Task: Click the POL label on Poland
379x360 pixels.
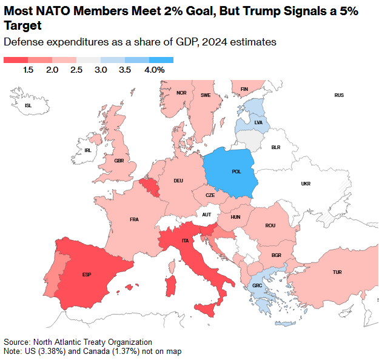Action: pyautogui.click(x=236, y=172)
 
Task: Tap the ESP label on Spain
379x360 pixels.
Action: pyautogui.click(x=87, y=275)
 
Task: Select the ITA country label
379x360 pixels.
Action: pyautogui.click(x=185, y=241)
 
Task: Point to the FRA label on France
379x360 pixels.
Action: pyautogui.click(x=134, y=219)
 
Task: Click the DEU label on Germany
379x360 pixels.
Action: pyautogui.click(x=178, y=181)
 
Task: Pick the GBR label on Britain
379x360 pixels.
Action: pyautogui.click(x=119, y=161)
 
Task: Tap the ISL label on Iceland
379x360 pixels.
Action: pyautogui.click(x=28, y=105)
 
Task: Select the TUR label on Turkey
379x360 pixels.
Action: pyautogui.click(x=337, y=272)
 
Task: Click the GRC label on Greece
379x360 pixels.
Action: pyautogui.click(x=257, y=286)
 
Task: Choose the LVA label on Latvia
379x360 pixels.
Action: pyautogui.click(x=258, y=122)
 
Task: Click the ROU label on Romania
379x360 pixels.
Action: pyautogui.click(x=270, y=225)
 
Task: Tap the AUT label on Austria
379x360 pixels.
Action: pyautogui.click(x=207, y=215)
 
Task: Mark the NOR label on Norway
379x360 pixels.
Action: pyautogui.click(x=181, y=93)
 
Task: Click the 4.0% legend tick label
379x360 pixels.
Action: pyautogui.click(x=155, y=70)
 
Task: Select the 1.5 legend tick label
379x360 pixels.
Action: pyautogui.click(x=28, y=70)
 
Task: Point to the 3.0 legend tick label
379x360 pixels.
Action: pyautogui.click(x=101, y=70)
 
